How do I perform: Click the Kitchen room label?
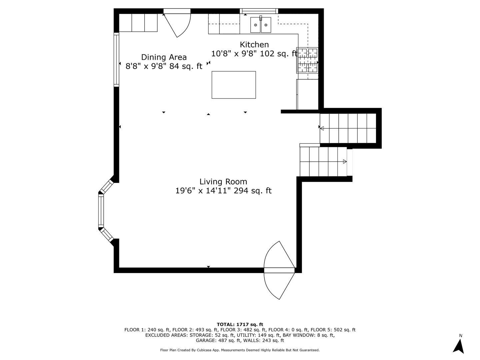254,45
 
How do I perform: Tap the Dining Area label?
164,57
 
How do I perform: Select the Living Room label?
223,182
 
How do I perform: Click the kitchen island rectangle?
234,85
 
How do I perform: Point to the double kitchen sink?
261,25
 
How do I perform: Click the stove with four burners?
307,60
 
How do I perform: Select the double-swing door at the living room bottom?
279,270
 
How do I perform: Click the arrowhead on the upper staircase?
322,128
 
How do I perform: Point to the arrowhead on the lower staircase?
345,162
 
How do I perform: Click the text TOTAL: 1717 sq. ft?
240,325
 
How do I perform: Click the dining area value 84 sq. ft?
186,66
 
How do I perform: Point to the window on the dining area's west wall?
116,60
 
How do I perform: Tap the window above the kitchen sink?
259,11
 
